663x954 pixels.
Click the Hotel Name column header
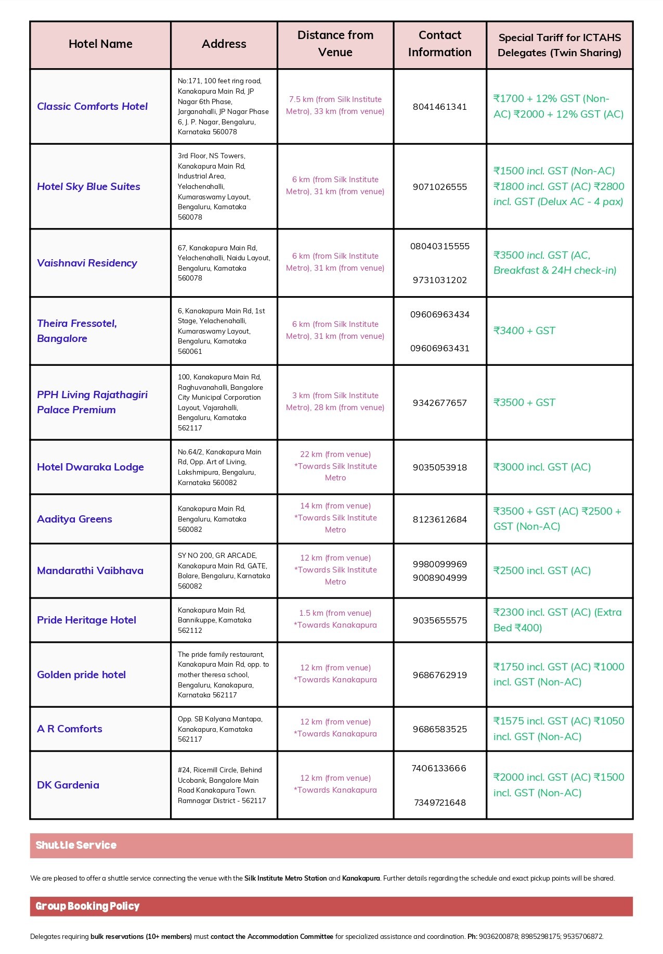(100, 44)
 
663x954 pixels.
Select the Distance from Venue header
(335, 44)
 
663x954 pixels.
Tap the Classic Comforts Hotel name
(92, 107)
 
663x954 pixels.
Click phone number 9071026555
(439, 187)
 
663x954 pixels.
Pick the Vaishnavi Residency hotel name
(87, 263)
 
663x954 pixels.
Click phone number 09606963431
(439, 348)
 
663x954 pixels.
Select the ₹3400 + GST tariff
(524, 331)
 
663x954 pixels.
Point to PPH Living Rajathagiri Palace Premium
(92, 402)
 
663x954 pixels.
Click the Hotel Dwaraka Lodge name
(90, 467)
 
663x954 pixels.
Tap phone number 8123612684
(439, 519)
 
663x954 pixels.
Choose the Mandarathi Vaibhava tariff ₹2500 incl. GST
(542, 571)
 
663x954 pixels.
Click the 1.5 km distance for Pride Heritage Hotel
(335, 613)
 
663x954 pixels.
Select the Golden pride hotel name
(81, 675)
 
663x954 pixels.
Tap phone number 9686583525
(439, 729)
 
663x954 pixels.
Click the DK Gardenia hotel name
(68, 785)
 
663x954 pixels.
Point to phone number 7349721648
(439, 803)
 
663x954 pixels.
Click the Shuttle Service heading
(76, 845)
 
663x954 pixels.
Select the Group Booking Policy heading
(87, 906)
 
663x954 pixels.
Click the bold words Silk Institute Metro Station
(285, 878)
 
